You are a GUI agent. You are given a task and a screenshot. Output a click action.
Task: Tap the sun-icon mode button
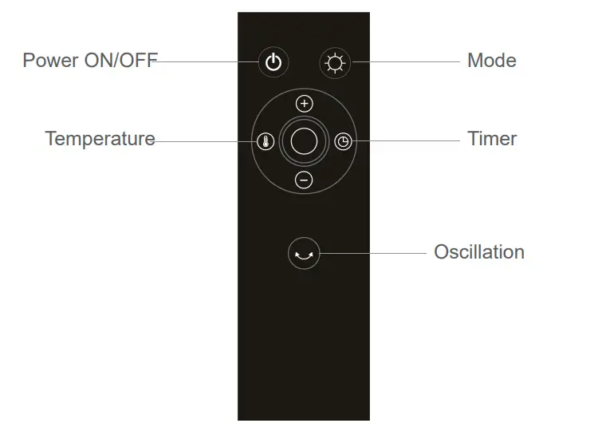click(x=334, y=62)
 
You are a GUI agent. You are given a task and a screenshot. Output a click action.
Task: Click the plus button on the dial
click(x=304, y=104)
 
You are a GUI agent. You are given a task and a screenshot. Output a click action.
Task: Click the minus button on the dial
click(x=304, y=180)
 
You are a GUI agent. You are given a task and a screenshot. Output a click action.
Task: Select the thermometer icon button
click(x=266, y=142)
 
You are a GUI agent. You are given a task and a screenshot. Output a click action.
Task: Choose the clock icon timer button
click(x=342, y=142)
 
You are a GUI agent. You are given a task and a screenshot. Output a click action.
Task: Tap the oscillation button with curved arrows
click(x=303, y=255)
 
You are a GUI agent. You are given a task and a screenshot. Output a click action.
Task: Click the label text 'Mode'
click(x=491, y=61)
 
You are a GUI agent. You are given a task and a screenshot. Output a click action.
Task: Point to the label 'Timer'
click(x=492, y=139)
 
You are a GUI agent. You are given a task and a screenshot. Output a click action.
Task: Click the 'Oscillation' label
click(x=478, y=252)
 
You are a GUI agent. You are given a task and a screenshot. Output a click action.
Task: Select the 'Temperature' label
click(x=100, y=139)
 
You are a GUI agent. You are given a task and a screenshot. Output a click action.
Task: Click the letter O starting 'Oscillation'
click(x=442, y=252)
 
